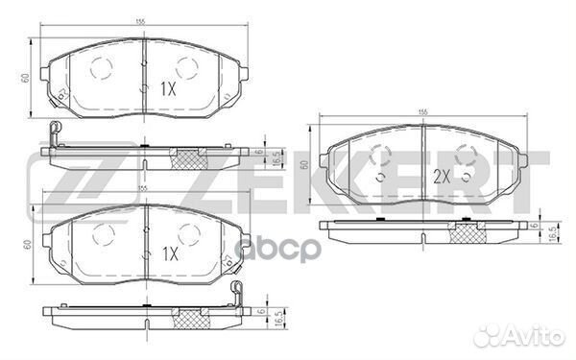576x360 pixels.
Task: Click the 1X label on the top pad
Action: point(168,88)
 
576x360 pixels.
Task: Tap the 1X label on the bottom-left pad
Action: point(168,254)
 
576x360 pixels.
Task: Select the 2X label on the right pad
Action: point(441,177)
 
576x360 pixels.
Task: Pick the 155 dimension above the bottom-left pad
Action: point(142,190)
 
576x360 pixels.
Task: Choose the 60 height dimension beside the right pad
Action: point(304,165)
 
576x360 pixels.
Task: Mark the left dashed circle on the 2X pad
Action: point(380,156)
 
